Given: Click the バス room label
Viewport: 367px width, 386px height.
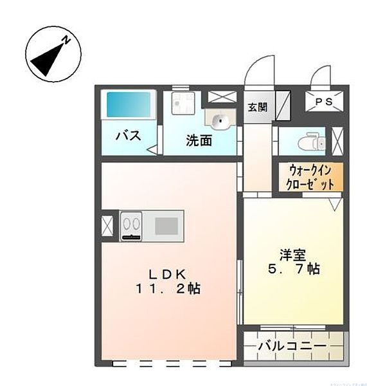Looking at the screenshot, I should (x=129, y=136).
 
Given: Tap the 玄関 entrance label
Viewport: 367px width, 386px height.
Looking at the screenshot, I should (x=257, y=107).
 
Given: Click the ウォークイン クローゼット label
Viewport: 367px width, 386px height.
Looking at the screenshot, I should (x=311, y=177).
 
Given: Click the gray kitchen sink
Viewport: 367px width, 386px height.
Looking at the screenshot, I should (x=166, y=225).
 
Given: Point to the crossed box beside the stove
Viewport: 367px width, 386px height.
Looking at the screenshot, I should (x=107, y=225).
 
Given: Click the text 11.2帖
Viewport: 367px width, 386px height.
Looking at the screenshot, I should (x=168, y=288).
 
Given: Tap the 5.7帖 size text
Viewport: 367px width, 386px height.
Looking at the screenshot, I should (x=293, y=269).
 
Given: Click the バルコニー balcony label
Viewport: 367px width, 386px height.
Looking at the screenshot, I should (x=292, y=347).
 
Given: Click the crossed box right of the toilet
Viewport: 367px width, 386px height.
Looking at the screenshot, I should (x=339, y=140).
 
